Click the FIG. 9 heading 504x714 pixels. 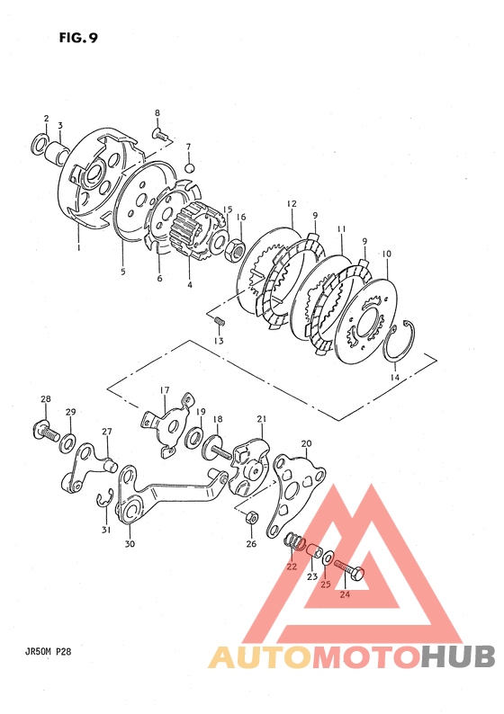[x=78, y=38]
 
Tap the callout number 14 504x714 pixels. [x=394, y=377]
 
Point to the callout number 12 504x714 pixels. [x=292, y=203]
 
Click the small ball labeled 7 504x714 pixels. [x=190, y=168]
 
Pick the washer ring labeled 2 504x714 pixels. [x=40, y=144]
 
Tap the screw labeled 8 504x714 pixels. [x=159, y=133]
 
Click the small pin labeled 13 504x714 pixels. [x=220, y=320]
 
